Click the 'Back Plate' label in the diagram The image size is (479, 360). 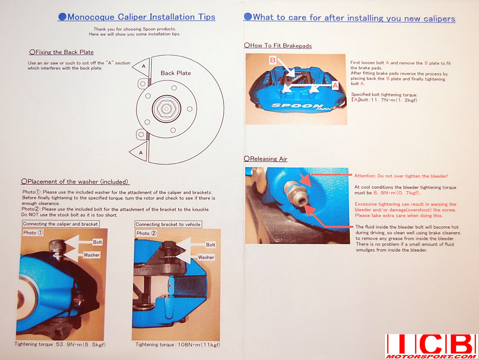tap(176, 73)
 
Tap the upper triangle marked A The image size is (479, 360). tap(142, 67)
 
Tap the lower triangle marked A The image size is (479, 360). tap(139, 151)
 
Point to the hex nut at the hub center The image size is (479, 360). tap(166, 108)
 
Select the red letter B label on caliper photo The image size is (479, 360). tap(273, 60)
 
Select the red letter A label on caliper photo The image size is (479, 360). tap(335, 85)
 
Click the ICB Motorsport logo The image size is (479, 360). tap(432, 346)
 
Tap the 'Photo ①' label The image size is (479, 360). tap(33, 232)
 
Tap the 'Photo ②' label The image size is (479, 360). tap(146, 233)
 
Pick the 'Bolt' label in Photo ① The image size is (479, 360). tap(97, 242)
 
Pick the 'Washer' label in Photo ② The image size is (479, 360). tap(206, 257)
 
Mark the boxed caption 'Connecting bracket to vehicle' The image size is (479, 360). tap(168, 224)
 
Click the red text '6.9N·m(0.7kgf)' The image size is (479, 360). tap(397, 193)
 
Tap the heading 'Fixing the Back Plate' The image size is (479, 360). tap(61, 52)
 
